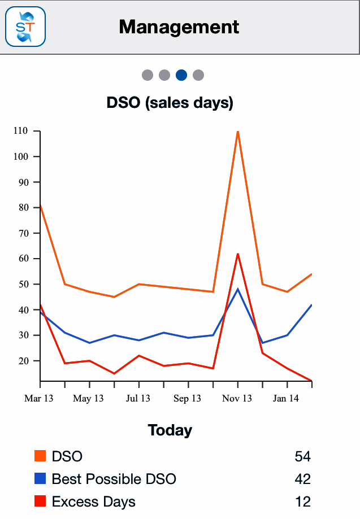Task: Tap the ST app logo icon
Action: click(x=25, y=27)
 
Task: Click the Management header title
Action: click(x=179, y=27)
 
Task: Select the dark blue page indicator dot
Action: click(x=181, y=75)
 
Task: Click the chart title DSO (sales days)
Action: click(x=170, y=103)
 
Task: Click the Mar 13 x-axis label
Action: click(x=39, y=399)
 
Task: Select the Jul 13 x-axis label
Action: click(x=138, y=399)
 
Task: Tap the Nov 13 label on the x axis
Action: click(x=237, y=399)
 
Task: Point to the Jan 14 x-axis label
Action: click(x=286, y=399)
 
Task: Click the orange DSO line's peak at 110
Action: click(x=238, y=132)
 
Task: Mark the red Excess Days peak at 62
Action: click(x=238, y=254)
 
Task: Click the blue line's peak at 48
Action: click(x=238, y=289)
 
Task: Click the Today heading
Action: click(x=170, y=430)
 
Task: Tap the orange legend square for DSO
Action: click(x=40, y=456)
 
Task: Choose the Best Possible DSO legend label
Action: click(x=114, y=479)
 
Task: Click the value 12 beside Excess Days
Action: click(x=303, y=501)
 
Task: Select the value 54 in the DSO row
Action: click(x=303, y=456)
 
